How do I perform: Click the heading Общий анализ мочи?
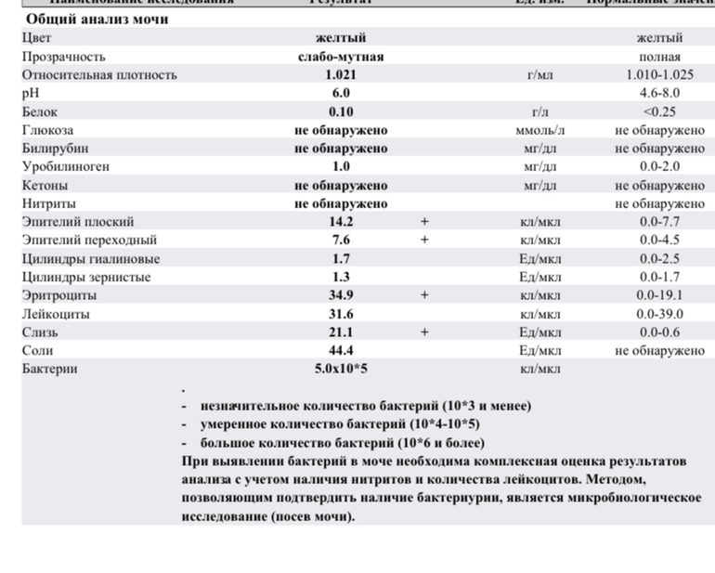click(x=97, y=19)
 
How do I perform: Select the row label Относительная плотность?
click(x=99, y=74)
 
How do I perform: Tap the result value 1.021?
click(x=341, y=74)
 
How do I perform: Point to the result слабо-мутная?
click(x=341, y=56)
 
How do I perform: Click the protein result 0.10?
click(x=341, y=111)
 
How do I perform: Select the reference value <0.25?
click(x=659, y=111)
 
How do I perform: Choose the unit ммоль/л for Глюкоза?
click(x=539, y=130)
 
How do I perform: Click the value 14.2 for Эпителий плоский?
click(x=341, y=221)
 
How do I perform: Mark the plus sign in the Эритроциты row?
click(x=424, y=295)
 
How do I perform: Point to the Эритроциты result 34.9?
click(x=341, y=295)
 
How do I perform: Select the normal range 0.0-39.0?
click(x=659, y=314)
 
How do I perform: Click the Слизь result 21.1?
click(x=341, y=332)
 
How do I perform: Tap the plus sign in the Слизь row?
click(x=424, y=332)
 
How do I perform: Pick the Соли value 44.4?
click(x=341, y=350)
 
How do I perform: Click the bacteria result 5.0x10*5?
click(x=341, y=369)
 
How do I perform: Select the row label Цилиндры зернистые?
click(x=86, y=277)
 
